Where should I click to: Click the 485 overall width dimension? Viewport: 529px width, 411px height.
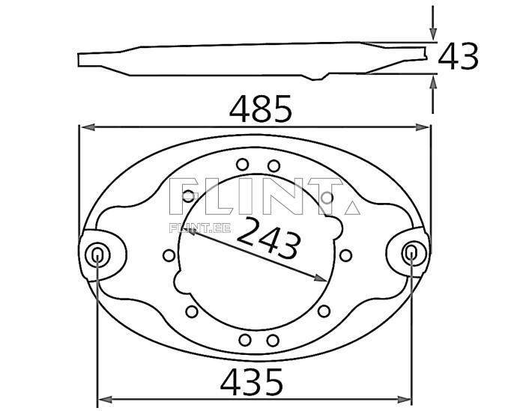point(260,110)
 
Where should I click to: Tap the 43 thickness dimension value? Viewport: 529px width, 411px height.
point(458,57)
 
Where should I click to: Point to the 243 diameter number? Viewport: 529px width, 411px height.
point(269,237)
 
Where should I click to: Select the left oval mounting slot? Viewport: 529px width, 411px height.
point(97,255)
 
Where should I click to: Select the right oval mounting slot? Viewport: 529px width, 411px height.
point(411,253)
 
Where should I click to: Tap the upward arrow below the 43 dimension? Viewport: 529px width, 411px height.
point(432,81)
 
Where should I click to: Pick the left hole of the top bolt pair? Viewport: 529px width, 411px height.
point(242,165)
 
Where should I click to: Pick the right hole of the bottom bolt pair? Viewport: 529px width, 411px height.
point(273,341)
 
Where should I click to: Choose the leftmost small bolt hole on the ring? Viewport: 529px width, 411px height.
point(169,255)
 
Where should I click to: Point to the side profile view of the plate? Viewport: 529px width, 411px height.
point(255,60)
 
